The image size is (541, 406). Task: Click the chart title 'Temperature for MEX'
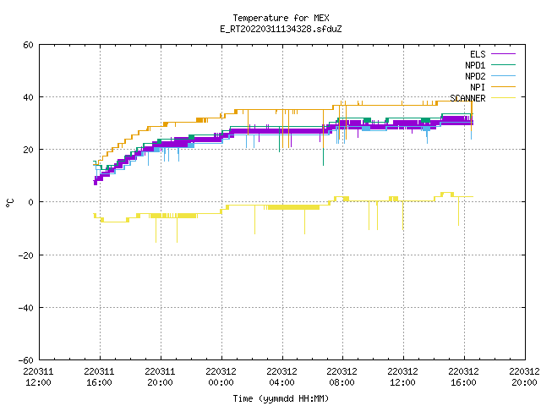coord(281,18)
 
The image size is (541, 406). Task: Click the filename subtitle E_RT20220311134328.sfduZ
coord(281,29)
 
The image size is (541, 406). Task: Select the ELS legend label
coord(478,54)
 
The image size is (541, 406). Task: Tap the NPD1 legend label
coord(475,65)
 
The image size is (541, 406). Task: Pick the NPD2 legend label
coord(475,76)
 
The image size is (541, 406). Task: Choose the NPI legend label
coord(478,87)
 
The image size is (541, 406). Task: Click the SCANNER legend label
coord(467,98)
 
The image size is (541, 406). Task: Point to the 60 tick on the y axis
coord(28,45)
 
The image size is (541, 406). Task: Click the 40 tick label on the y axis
coord(28,97)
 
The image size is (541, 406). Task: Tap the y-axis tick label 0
coord(31,202)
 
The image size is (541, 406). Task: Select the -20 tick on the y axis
coord(26,255)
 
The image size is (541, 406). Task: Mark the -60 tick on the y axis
coord(26,360)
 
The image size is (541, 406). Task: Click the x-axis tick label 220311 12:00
coord(38,377)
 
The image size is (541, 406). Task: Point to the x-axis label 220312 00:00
coord(221,377)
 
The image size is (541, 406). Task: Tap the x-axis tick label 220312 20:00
coord(524,377)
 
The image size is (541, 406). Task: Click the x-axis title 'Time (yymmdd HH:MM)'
coord(281,398)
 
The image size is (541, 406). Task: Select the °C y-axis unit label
coord(9,203)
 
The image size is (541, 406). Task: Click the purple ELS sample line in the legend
coord(503,54)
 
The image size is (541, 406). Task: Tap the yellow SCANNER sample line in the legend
coord(503,98)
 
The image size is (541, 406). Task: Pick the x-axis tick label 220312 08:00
coord(342,377)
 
